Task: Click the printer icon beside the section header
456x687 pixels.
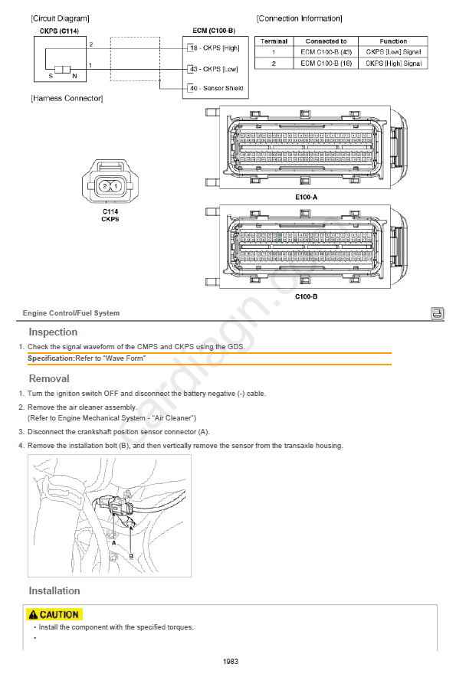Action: [x=437, y=313]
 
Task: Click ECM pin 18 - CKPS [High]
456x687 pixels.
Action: [x=215, y=47]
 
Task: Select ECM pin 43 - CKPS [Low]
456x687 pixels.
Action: [x=214, y=69]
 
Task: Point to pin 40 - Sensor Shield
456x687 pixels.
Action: [x=215, y=88]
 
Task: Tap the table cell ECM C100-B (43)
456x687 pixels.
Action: [x=326, y=52]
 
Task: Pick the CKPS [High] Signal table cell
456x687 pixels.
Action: [x=393, y=64]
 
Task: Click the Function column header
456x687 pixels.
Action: [x=393, y=41]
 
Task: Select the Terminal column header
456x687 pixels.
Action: [x=274, y=41]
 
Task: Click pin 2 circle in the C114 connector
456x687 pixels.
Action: [x=105, y=186]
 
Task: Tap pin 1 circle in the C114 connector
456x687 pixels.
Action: [x=116, y=186]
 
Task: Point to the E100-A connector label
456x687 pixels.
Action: [x=306, y=197]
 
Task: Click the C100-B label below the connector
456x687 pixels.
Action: [x=306, y=296]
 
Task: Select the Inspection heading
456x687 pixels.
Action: [x=53, y=332]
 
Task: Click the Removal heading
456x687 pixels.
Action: [x=49, y=378]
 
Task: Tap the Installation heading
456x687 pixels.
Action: [x=54, y=590]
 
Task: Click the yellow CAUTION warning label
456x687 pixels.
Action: [x=54, y=615]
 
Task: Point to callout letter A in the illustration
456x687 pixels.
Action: [x=114, y=542]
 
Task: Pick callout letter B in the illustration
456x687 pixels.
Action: [x=131, y=555]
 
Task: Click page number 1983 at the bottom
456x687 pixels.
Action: [x=231, y=662]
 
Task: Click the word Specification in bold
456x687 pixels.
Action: [x=51, y=358]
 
